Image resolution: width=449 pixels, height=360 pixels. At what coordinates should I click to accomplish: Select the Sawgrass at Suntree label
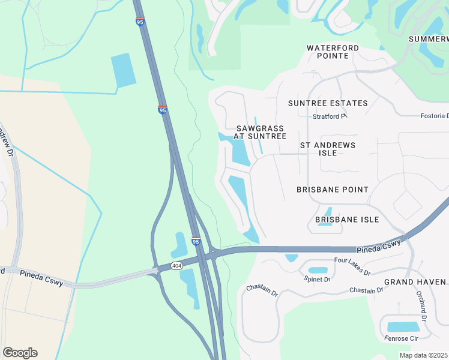click(261, 132)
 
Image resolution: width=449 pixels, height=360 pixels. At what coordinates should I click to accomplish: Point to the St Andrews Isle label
click(327, 149)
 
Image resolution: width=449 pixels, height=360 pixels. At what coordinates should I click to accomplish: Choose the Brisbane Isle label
click(347, 220)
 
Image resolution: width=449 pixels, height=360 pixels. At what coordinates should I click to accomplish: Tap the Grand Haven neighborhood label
click(415, 282)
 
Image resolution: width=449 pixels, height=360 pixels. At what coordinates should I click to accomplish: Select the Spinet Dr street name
click(317, 280)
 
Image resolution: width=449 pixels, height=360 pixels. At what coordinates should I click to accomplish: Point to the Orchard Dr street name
click(420, 305)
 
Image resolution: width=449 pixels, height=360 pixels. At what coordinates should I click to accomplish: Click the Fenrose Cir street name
click(401, 338)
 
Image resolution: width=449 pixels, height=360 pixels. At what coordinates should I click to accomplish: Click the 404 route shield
click(176, 266)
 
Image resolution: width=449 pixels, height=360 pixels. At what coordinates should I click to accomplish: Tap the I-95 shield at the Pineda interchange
click(196, 241)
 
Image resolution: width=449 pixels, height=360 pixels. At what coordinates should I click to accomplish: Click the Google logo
click(20, 353)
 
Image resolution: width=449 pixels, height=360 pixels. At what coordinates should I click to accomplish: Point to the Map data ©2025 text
click(423, 355)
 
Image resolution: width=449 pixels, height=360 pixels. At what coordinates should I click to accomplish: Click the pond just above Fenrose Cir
click(403, 327)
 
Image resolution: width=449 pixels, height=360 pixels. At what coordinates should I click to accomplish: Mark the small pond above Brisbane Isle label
click(328, 212)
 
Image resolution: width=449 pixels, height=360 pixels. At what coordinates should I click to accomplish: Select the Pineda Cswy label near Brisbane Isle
click(378, 245)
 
